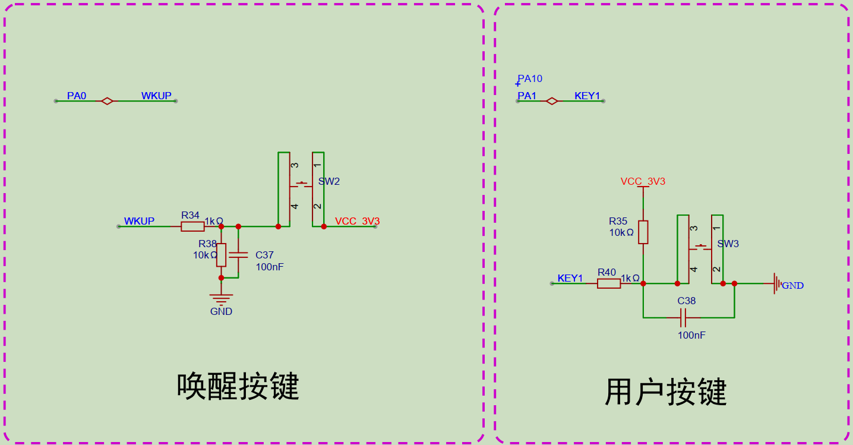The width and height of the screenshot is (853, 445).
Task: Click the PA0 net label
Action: click(x=77, y=96)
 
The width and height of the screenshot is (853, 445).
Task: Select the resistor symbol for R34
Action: click(x=192, y=227)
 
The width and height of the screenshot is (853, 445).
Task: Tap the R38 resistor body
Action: click(x=221, y=255)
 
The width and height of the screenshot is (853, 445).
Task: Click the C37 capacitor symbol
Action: click(x=238, y=255)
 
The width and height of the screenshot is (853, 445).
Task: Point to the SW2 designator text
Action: click(x=329, y=181)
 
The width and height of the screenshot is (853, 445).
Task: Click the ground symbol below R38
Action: click(x=221, y=299)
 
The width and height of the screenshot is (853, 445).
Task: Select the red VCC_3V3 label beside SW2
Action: click(x=357, y=222)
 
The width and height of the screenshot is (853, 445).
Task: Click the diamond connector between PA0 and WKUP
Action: click(x=107, y=101)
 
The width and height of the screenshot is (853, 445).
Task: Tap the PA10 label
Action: click(x=530, y=79)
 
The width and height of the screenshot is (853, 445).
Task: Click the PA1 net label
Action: click(x=527, y=96)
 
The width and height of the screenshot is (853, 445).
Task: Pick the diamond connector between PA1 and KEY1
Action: click(x=552, y=101)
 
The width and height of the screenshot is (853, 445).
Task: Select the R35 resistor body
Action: click(x=643, y=232)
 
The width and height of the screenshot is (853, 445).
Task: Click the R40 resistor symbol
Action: click(x=609, y=283)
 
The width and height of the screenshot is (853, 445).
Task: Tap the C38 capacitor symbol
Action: click(x=683, y=318)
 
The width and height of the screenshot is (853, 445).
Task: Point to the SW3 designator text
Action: click(x=728, y=244)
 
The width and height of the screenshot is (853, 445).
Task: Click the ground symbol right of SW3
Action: click(x=777, y=283)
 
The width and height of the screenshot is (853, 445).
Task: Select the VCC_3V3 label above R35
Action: click(x=643, y=181)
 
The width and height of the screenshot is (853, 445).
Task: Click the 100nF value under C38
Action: click(x=691, y=335)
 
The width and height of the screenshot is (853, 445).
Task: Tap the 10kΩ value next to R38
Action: click(x=206, y=255)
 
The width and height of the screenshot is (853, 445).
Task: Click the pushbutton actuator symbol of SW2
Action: click(x=301, y=185)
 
